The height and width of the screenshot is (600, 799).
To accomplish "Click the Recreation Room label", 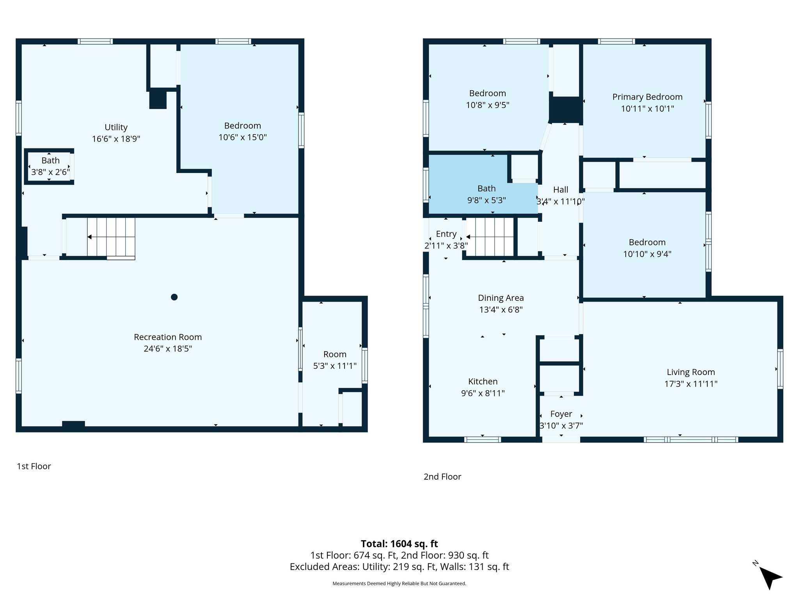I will point(168,337).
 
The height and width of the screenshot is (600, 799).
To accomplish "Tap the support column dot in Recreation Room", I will point(174,297).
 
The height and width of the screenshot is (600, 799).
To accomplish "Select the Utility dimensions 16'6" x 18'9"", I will point(116,139).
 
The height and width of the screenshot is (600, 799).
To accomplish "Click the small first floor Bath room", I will point(50,166).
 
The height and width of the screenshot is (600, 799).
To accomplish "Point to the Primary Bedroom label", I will point(647,97).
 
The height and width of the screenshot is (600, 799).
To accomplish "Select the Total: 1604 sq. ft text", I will point(399,544).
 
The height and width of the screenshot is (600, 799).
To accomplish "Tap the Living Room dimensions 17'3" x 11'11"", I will point(691,384).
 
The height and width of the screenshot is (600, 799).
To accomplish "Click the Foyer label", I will point(561,414).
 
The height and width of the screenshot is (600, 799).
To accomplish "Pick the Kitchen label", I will point(483,381).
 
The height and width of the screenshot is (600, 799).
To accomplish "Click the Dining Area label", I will point(501,298).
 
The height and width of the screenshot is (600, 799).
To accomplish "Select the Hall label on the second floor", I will point(561,189).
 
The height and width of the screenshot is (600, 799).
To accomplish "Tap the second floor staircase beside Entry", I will point(491,237).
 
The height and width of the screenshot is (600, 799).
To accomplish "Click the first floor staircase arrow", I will point(89,237).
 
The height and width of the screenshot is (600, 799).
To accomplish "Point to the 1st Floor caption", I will point(34,466).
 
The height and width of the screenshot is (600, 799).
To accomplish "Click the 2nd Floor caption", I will point(442,477).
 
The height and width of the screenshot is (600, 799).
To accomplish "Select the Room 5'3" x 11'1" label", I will point(335,360).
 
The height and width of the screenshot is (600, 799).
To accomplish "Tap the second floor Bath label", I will point(487,189).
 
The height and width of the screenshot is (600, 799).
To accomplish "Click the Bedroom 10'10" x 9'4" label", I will point(647,248).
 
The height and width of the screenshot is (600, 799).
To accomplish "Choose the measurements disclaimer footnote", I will point(399,584).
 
